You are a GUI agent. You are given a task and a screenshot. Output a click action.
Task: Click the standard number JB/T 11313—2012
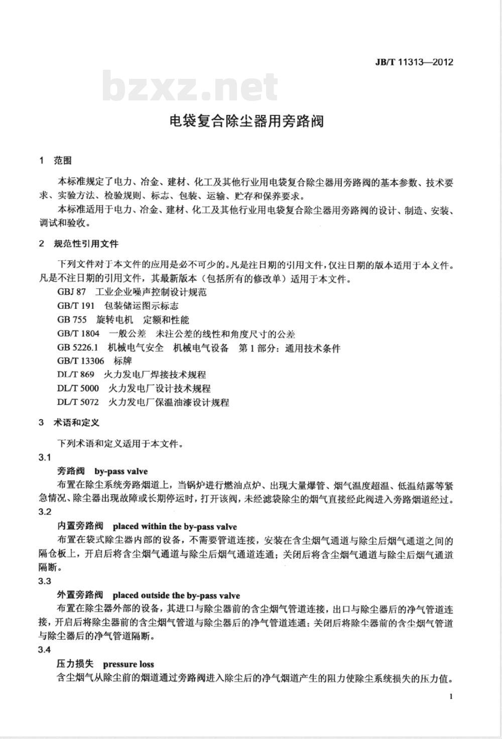pos(414,62)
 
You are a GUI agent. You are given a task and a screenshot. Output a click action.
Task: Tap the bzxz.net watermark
pos(190,87)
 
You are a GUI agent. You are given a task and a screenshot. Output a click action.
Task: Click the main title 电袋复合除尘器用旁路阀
pos(246,121)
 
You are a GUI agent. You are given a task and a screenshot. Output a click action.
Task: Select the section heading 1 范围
pos(56,161)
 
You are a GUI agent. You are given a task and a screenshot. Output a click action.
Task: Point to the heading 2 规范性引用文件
pos(79,244)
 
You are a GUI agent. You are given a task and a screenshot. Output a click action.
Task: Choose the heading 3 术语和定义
pos(70,423)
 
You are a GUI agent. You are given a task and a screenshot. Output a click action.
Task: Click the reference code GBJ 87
pos(72,292)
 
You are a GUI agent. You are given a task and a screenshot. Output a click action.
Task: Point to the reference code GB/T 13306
pos(81,360)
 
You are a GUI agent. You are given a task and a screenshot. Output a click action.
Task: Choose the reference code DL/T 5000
pos(78,388)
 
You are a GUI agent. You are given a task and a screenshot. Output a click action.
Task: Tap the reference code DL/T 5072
pos(78,402)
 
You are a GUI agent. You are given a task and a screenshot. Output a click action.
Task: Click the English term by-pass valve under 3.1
pos(121,471)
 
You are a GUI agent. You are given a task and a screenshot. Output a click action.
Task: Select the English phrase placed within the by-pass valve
pos(175,527)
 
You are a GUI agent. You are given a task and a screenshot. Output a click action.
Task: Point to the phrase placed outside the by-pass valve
pos(176,596)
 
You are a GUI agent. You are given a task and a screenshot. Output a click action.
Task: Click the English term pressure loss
pos(129,664)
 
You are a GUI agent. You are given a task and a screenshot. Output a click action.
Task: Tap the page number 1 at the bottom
pos(451,696)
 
